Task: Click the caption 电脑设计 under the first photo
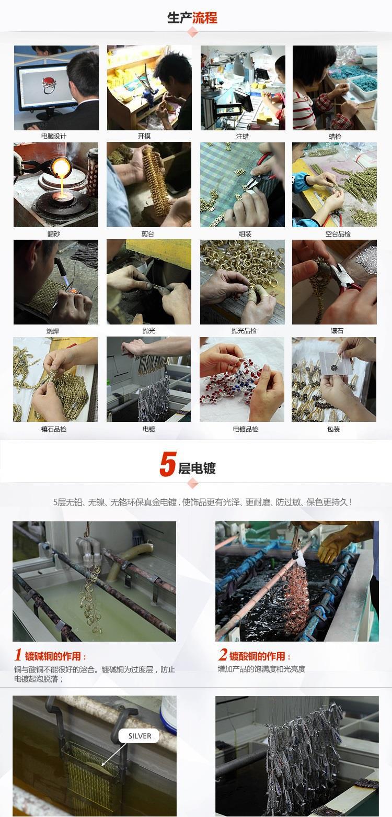(x=53, y=136)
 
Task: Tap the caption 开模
(x=144, y=136)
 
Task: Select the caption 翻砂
(x=53, y=234)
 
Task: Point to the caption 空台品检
(x=338, y=234)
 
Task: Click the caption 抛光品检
(x=244, y=331)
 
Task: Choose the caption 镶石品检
(x=53, y=429)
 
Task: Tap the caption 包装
(x=333, y=429)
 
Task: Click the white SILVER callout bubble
(x=140, y=736)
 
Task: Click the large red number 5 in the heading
(x=168, y=464)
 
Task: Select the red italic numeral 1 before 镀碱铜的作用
(x=18, y=655)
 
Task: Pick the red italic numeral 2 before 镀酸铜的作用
(x=223, y=654)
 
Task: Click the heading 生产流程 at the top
(x=192, y=17)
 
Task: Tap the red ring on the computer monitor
(x=49, y=84)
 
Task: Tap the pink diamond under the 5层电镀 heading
(x=193, y=484)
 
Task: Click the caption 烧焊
(x=52, y=331)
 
